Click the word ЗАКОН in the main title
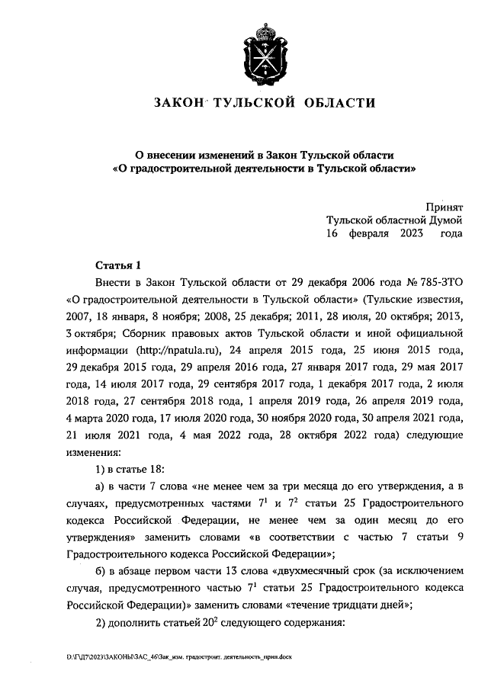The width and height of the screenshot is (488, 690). click(178, 103)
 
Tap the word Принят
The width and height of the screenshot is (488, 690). click(444, 205)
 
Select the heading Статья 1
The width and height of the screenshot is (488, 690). click(118, 266)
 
